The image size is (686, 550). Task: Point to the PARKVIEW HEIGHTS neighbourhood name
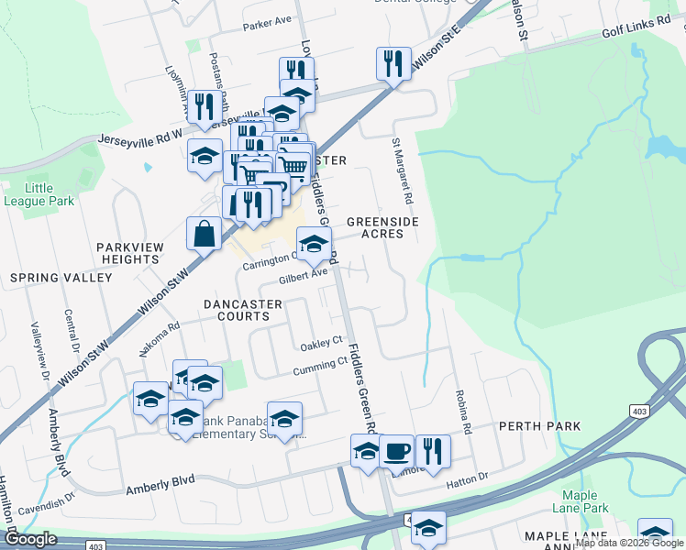coord(129,253)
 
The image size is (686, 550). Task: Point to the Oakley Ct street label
coord(321,346)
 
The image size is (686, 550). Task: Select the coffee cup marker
coord(396,450)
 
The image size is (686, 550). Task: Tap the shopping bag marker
coord(204,234)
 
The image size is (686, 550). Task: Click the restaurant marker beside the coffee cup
coord(432,450)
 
